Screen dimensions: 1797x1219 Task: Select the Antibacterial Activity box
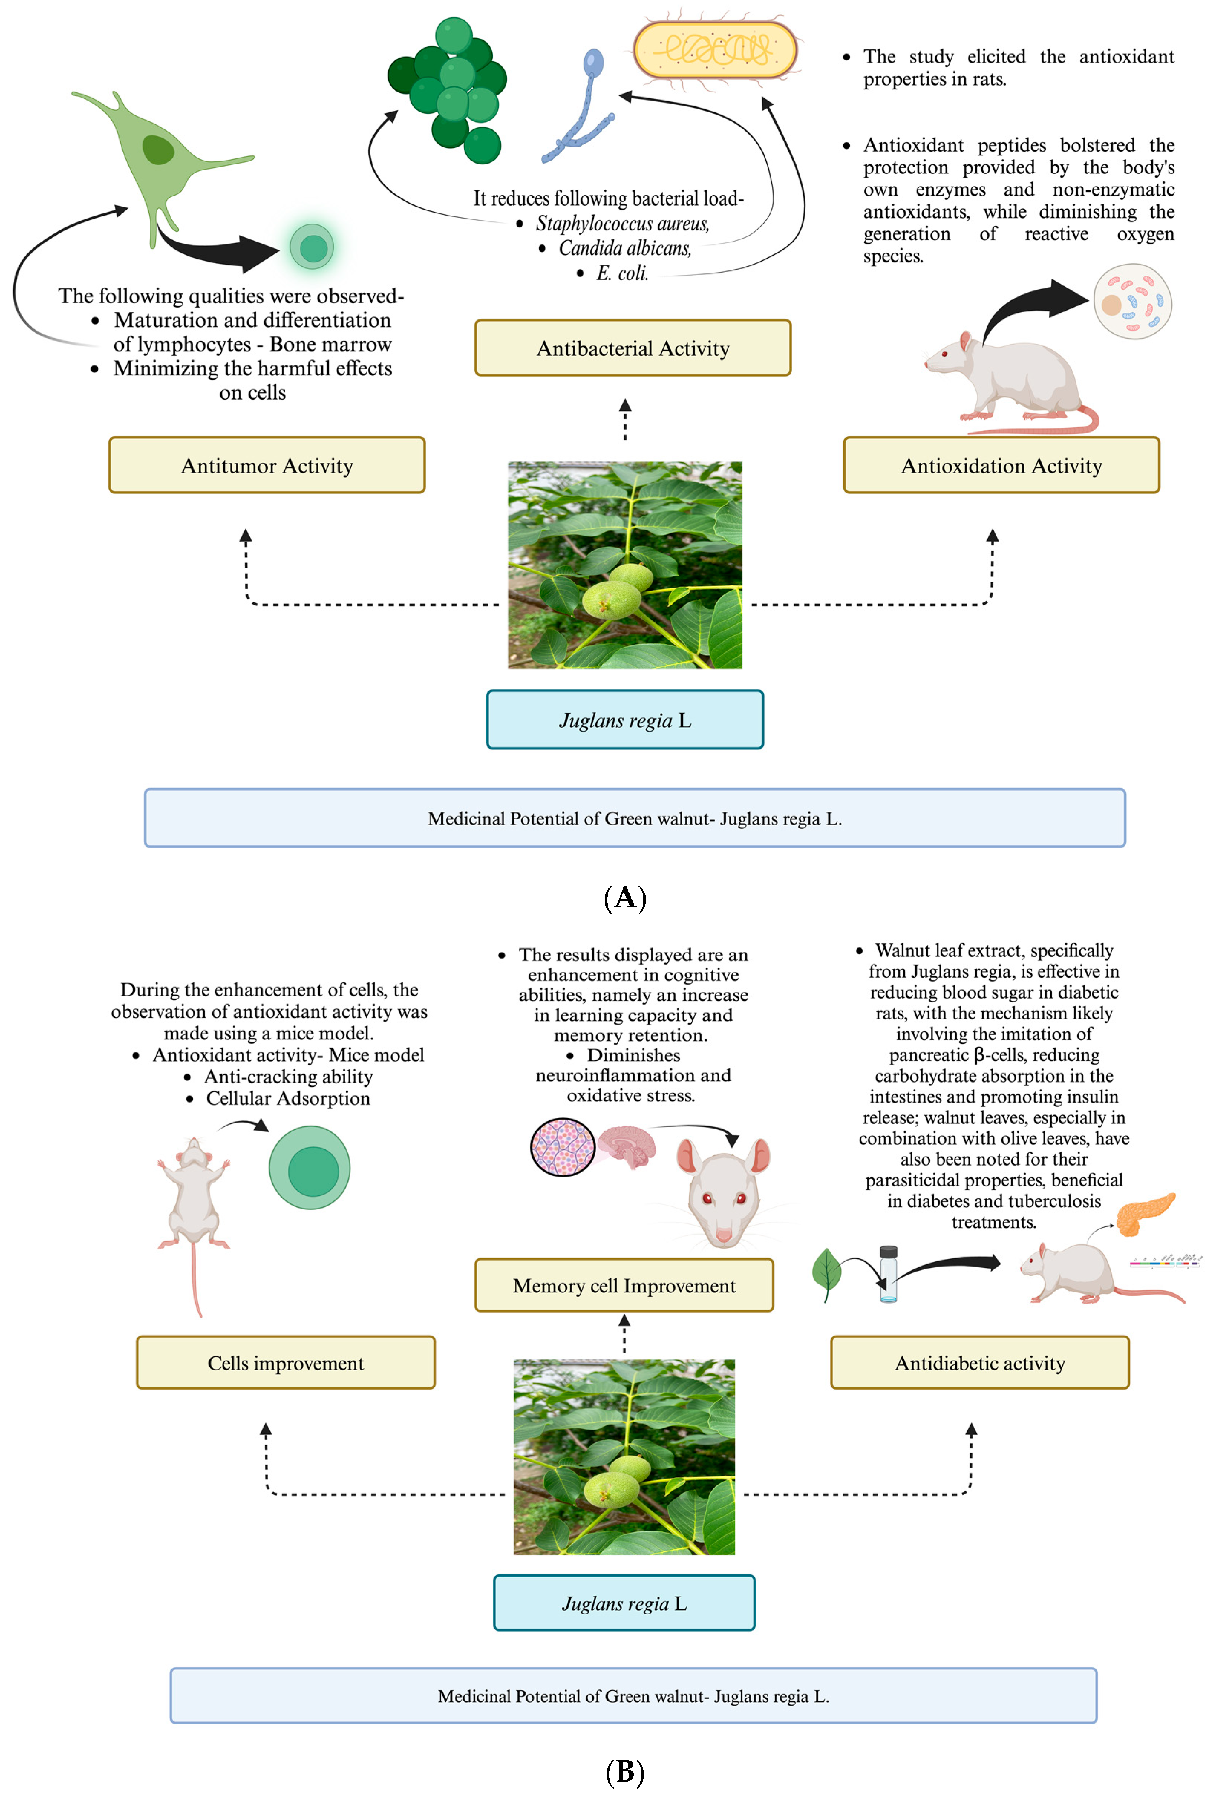[x=633, y=348]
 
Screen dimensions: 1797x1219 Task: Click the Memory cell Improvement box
[x=624, y=1285]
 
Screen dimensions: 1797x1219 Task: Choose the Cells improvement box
[x=285, y=1363]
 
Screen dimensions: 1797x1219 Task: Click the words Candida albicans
[x=625, y=248]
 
